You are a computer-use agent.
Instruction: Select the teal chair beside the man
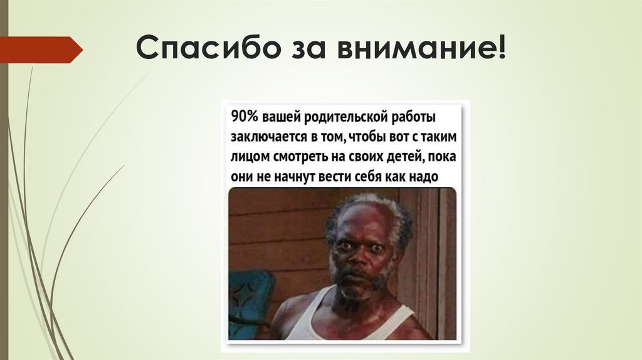point(250,301)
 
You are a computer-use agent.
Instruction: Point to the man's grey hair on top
point(367,202)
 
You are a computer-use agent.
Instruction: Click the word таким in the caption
point(438,137)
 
